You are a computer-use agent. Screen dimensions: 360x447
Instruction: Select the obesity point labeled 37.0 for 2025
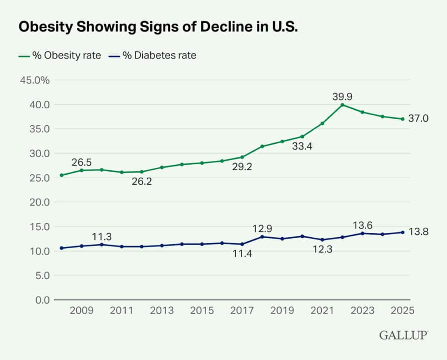click(402, 119)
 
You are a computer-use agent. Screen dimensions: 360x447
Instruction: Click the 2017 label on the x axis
click(242, 311)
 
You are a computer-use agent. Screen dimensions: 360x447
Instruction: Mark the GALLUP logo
click(403, 335)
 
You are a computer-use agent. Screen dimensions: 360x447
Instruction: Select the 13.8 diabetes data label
click(418, 232)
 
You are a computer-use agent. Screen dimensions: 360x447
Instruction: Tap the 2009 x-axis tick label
click(82, 311)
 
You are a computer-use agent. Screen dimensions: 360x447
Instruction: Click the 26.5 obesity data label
click(82, 163)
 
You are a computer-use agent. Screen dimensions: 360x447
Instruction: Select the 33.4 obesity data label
click(303, 146)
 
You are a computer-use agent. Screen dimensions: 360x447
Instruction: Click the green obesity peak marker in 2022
click(342, 105)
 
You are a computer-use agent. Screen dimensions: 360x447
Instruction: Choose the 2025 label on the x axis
click(402, 311)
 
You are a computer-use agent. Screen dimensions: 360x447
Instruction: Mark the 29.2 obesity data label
click(242, 166)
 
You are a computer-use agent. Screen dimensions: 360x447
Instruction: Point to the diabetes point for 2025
click(402, 232)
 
